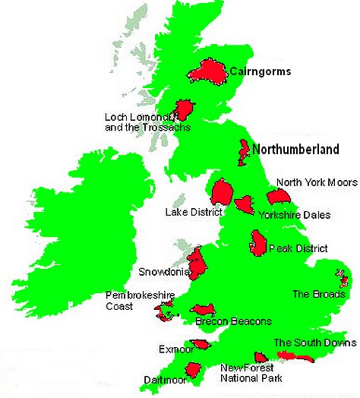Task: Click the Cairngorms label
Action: tap(260, 72)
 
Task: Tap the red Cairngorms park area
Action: tap(207, 72)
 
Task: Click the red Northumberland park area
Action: tap(244, 153)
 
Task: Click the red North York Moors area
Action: tap(279, 197)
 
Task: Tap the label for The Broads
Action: tap(319, 294)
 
